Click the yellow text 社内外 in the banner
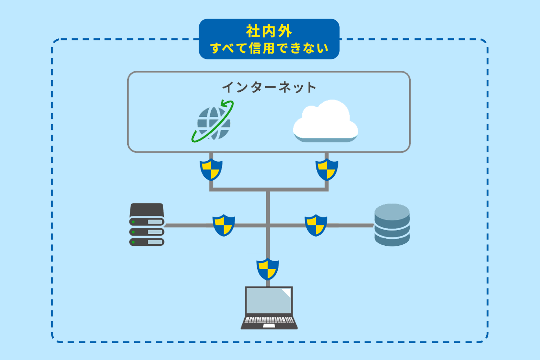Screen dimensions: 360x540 269,31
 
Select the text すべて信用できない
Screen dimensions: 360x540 269,48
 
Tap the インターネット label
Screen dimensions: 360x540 269,87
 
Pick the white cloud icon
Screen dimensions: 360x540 325,121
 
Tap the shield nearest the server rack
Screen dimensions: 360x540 224,225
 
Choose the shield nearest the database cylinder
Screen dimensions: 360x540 316,225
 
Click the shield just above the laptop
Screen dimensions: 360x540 268,269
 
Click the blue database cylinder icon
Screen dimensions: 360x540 392,225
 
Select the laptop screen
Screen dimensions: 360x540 269,301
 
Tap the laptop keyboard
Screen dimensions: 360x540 269,320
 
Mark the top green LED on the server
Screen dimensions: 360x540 133,222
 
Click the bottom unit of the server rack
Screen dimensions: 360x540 147,242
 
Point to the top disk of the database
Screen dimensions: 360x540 392,211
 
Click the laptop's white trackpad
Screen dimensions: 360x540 269,326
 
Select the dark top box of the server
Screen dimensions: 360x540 147,210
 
